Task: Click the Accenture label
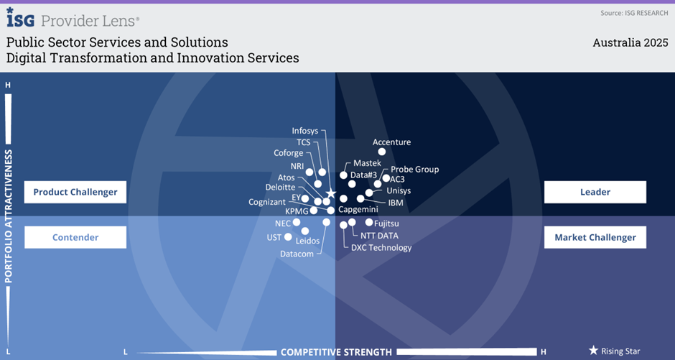click(x=392, y=142)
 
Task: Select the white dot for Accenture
click(x=382, y=152)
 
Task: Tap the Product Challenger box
click(x=75, y=192)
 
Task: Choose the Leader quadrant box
click(x=595, y=192)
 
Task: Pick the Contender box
click(x=75, y=237)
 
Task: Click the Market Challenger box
click(x=595, y=237)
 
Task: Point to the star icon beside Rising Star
click(x=594, y=351)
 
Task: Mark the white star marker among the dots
click(x=330, y=194)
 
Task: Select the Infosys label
click(x=304, y=131)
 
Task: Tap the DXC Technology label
click(x=381, y=248)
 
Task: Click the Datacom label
click(x=297, y=254)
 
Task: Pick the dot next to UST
click(x=288, y=237)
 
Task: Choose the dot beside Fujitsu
click(x=369, y=222)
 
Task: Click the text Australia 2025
click(x=630, y=42)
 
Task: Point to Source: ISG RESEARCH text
click(x=634, y=14)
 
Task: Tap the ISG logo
click(x=21, y=18)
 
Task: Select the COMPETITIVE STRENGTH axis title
click(x=336, y=352)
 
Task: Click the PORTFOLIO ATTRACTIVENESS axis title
click(x=9, y=216)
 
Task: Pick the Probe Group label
click(x=414, y=170)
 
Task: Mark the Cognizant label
click(x=267, y=202)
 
